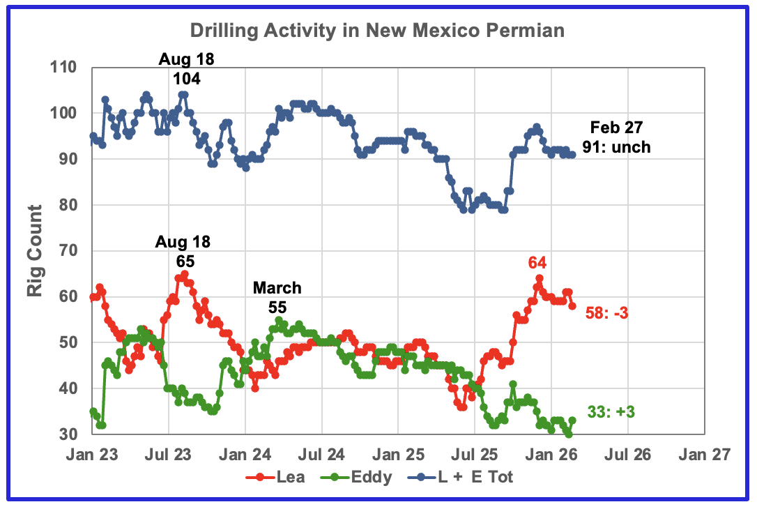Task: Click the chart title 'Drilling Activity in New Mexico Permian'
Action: tap(377, 31)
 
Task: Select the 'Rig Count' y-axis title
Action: tap(35, 250)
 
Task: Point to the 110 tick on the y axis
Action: tap(63, 67)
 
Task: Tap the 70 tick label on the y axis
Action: tap(68, 250)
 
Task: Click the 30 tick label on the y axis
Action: tap(68, 434)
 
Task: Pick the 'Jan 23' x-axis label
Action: tap(92, 455)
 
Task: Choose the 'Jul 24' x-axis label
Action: tap(321, 455)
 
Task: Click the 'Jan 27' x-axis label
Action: tap(705, 455)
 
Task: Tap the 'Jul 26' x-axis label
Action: tap(627, 455)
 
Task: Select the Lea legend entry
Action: tap(275, 477)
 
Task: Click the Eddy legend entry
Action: tap(356, 477)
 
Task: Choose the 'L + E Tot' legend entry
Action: tap(461, 477)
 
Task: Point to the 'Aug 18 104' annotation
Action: tap(186, 68)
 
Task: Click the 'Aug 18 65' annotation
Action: tap(183, 252)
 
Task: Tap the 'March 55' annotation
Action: tap(277, 298)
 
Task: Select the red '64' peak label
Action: tap(537, 263)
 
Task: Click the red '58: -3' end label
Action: tap(607, 313)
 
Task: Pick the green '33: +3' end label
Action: tap(611, 412)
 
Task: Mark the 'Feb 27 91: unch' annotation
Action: tap(616, 137)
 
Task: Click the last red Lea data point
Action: tap(572, 305)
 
